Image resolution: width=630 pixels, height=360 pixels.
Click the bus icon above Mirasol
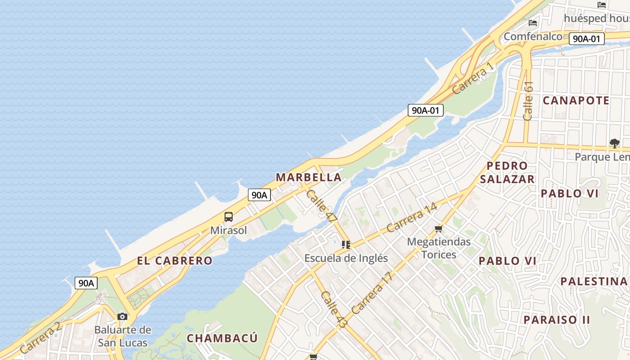click(x=229, y=217)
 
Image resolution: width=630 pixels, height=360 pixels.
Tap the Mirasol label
click(x=229, y=230)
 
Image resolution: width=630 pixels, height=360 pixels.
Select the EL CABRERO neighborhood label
click(x=175, y=261)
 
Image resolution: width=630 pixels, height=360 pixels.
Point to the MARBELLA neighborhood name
click(x=309, y=177)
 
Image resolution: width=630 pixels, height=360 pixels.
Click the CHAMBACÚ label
click(x=222, y=338)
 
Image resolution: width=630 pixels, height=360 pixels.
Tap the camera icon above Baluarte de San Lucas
click(x=122, y=317)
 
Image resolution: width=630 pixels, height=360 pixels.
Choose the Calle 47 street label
click(x=321, y=206)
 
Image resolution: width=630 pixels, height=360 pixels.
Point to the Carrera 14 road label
click(x=412, y=217)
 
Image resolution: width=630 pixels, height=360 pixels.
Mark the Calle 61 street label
click(x=528, y=100)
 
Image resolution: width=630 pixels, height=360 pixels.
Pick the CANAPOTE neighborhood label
click(x=576, y=100)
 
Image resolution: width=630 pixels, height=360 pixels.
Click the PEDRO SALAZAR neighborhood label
click(x=507, y=172)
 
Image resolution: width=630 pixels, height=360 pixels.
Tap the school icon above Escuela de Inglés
click(x=346, y=245)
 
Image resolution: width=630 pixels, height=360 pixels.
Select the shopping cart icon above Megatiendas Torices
click(x=439, y=229)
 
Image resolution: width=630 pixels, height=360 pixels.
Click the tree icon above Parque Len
click(x=614, y=144)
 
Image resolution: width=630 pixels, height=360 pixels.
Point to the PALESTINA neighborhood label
click(x=594, y=282)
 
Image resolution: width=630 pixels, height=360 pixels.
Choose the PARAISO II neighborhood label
click(x=557, y=320)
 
